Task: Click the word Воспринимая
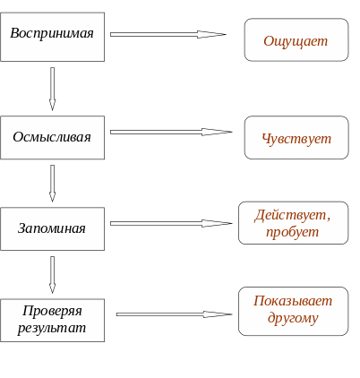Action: point(52,33)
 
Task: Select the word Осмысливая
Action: point(52,137)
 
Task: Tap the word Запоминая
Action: point(52,228)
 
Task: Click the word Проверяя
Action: point(52,311)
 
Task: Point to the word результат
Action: point(52,328)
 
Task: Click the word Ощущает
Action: point(296,41)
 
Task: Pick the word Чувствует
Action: point(296,139)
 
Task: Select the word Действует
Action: point(290,215)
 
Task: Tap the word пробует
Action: point(292,232)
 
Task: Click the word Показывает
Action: point(293,301)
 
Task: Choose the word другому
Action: point(293,318)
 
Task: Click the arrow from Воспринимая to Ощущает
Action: point(168,34)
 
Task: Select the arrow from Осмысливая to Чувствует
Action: point(171,132)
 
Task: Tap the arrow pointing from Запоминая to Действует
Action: point(171,223)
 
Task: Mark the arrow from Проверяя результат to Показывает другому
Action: point(174,314)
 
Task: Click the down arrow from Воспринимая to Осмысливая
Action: point(52,89)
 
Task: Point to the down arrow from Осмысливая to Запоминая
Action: point(52,184)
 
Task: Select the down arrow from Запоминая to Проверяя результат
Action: point(52,275)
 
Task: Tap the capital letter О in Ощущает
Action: point(269,41)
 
